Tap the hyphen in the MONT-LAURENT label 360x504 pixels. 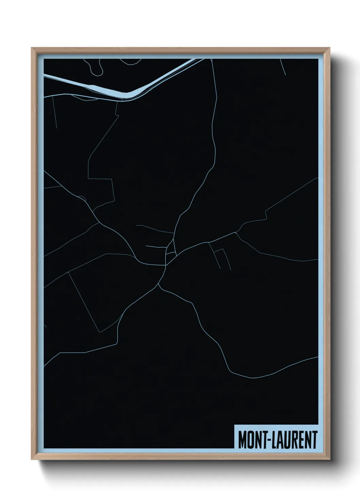point(269,440)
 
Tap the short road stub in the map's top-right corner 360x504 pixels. point(283,66)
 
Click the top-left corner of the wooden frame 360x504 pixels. point(32,48)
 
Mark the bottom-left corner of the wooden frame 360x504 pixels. point(32,461)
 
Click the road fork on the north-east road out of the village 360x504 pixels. point(237,233)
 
